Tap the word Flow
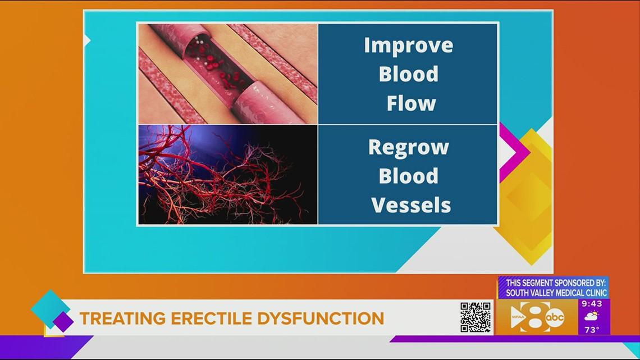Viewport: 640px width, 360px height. pyautogui.click(x=411, y=103)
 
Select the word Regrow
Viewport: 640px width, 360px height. pyautogui.click(x=409, y=147)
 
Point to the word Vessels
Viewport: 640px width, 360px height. pyautogui.click(x=411, y=205)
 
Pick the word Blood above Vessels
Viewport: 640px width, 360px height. pyautogui.click(x=409, y=176)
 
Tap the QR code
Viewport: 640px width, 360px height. pyautogui.click(x=476, y=317)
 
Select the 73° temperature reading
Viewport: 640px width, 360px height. pyautogui.click(x=592, y=330)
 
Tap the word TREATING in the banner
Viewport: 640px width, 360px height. pyautogui.click(x=117, y=318)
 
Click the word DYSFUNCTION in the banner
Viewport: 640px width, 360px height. pyautogui.click(x=321, y=318)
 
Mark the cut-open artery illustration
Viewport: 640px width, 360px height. pyautogui.click(x=228, y=74)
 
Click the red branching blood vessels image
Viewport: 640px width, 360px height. pyautogui.click(x=228, y=175)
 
